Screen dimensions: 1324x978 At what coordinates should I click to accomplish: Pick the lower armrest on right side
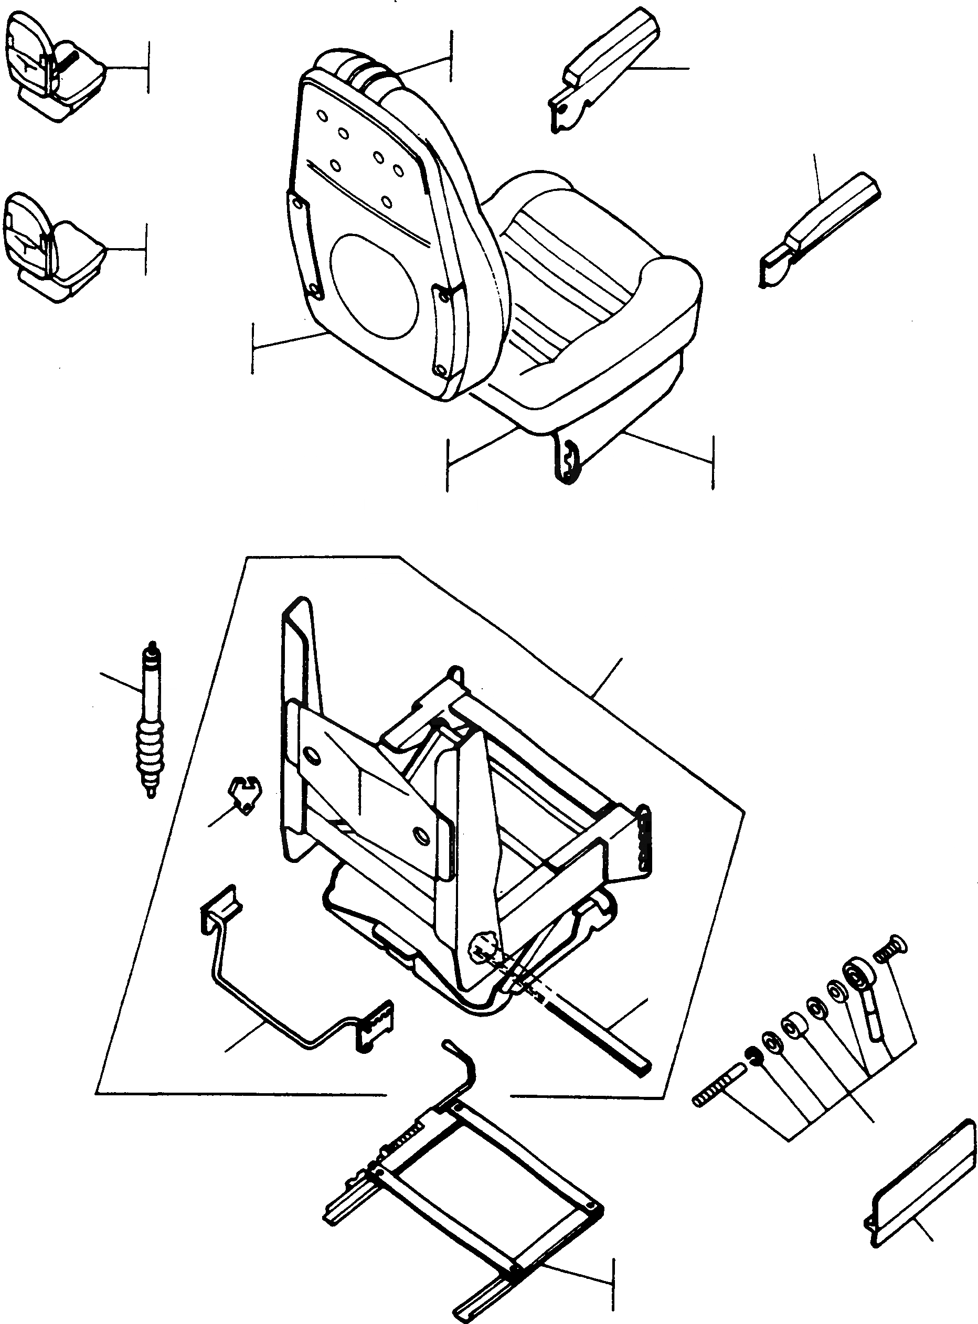(x=820, y=231)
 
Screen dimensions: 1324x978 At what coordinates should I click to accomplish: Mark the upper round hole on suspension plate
(x=309, y=756)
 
